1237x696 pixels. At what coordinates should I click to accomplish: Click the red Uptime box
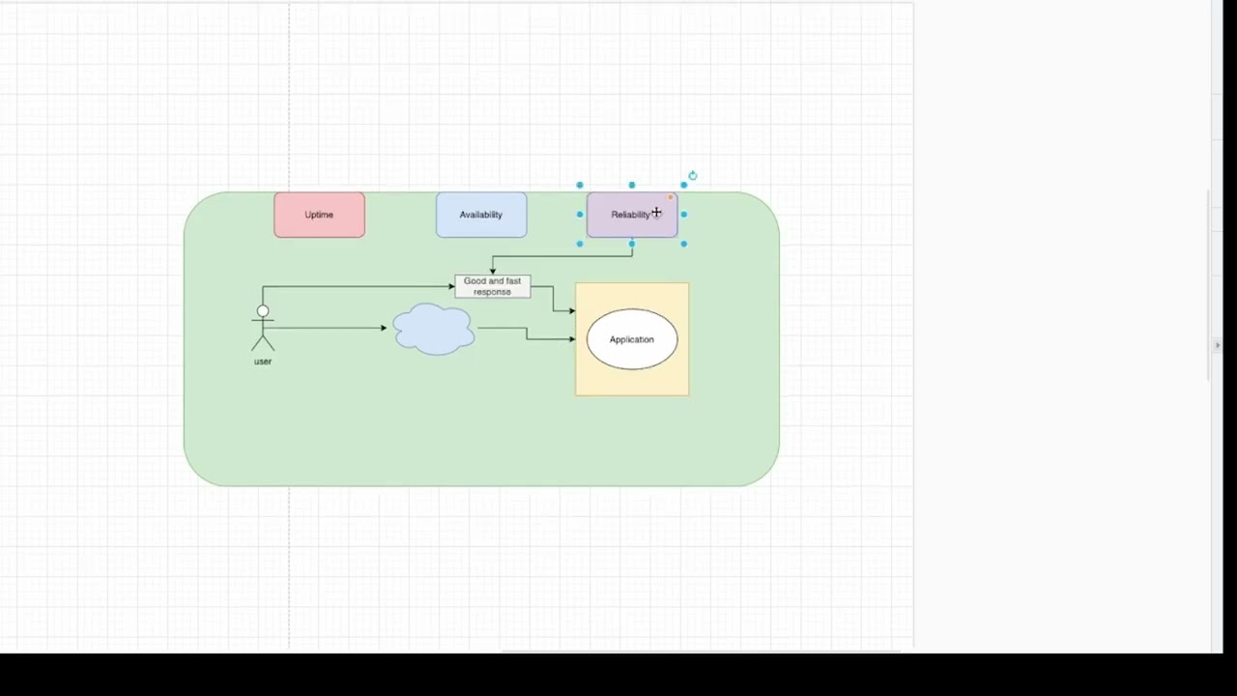click(319, 215)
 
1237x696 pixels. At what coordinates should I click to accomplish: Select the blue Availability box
click(481, 215)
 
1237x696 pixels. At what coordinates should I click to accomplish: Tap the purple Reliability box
click(632, 215)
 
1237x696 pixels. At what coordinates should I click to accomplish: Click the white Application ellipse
click(632, 339)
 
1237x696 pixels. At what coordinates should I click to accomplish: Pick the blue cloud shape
click(434, 329)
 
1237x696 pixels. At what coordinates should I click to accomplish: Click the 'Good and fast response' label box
click(493, 287)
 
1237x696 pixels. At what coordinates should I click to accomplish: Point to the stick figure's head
click(263, 311)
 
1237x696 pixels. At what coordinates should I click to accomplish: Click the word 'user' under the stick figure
click(263, 362)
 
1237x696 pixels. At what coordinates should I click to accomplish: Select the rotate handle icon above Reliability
click(693, 176)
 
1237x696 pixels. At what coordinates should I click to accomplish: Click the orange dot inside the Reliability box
click(671, 197)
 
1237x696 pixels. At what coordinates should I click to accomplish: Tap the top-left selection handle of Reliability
click(580, 185)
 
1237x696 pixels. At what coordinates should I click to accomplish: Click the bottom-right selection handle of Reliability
click(683, 244)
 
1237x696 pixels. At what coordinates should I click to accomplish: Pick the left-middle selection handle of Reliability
click(580, 215)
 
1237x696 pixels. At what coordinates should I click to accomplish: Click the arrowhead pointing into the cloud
click(384, 328)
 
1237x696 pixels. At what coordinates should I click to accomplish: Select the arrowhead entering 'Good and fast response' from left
click(451, 287)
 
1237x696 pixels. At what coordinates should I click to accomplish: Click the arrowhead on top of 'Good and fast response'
click(493, 272)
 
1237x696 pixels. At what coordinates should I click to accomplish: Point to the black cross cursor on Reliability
click(656, 212)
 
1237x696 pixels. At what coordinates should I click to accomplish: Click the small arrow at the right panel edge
click(1218, 345)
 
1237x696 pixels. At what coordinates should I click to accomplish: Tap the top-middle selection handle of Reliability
click(632, 185)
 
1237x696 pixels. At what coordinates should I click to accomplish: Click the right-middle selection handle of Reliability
click(683, 215)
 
